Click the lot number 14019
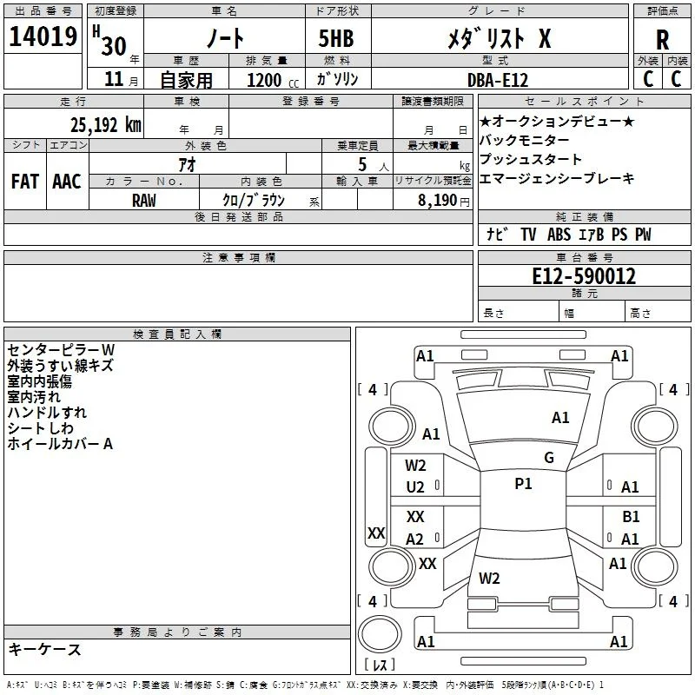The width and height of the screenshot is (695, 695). (43, 36)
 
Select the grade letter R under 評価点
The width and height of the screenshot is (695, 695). (662, 40)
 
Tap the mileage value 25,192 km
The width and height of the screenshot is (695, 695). (105, 125)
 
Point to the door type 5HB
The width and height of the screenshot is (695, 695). (336, 38)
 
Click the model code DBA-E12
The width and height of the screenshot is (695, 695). (498, 80)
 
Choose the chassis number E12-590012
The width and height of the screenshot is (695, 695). (584, 276)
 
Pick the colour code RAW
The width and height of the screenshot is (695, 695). (144, 201)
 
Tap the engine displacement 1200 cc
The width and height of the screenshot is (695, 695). (273, 80)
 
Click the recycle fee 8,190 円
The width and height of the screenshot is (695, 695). (443, 201)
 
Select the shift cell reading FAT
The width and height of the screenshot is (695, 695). (25, 182)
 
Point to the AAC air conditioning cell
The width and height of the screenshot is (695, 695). (67, 182)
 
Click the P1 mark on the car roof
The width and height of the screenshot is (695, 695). (523, 484)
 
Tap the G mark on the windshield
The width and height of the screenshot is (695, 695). (549, 457)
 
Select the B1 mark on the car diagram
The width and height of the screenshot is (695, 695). (631, 516)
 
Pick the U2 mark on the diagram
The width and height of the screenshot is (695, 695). (415, 487)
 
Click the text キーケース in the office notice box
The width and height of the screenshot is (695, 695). (45, 649)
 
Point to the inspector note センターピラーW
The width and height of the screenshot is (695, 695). (61, 350)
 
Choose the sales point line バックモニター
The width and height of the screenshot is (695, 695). (525, 140)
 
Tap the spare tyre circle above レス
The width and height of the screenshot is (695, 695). (380, 634)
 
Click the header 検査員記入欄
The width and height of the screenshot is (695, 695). (177, 334)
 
